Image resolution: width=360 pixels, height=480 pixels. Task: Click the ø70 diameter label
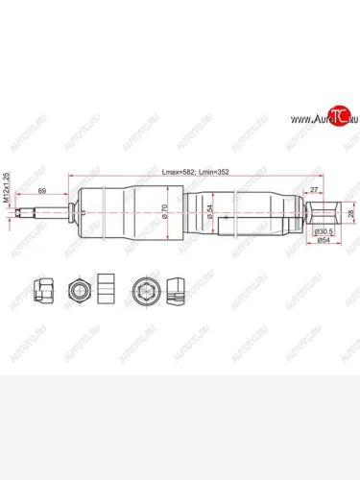click(165, 214)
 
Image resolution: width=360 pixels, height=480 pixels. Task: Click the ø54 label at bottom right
click(324, 243)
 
